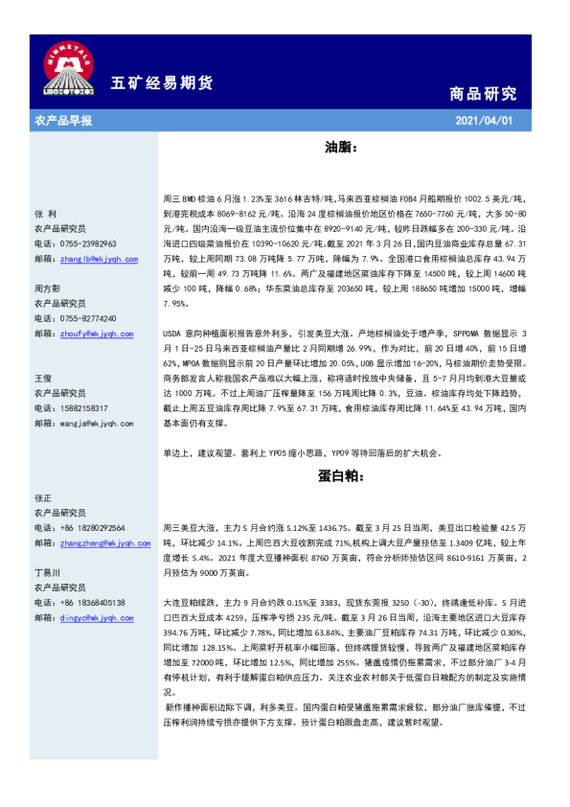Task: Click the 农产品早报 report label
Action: point(63,121)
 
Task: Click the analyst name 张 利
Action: point(46,214)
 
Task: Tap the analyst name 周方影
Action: point(48,288)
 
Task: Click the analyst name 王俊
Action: point(42,379)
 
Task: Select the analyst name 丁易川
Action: point(48,572)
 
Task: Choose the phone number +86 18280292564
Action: point(99,528)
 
